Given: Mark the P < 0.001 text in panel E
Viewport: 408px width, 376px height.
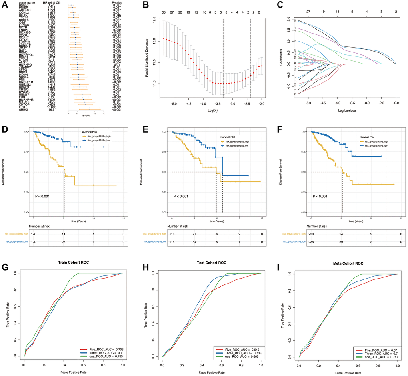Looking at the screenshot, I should click(182, 196).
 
